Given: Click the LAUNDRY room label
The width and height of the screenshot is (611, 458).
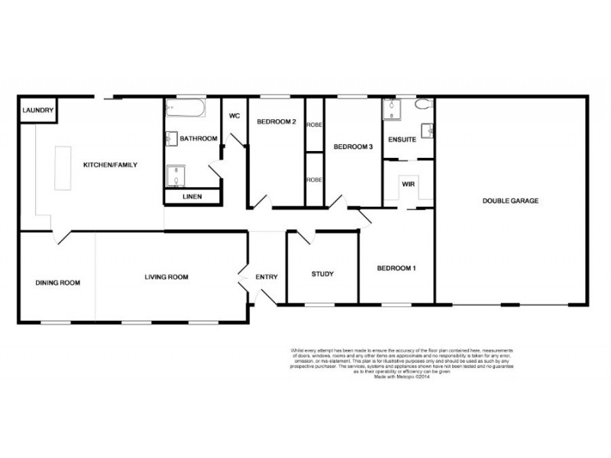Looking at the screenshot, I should click(x=37, y=111).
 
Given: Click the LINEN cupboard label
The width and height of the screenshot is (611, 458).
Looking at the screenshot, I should click(x=192, y=198).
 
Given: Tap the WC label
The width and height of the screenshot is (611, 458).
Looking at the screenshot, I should click(x=234, y=117).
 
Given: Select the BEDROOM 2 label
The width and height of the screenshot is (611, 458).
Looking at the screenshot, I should click(x=276, y=122).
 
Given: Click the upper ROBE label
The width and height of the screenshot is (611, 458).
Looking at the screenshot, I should click(x=314, y=124).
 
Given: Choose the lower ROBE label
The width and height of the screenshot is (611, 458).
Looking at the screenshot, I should click(x=314, y=180).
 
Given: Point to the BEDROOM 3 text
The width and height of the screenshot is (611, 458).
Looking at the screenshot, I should click(x=352, y=147).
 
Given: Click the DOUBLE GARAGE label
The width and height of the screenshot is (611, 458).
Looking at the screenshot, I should click(x=510, y=201).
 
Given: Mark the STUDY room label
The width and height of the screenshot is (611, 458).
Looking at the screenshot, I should click(x=322, y=274).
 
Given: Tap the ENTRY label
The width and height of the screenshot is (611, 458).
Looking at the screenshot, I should click(x=267, y=277).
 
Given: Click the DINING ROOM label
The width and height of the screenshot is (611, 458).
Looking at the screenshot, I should click(x=57, y=283).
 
